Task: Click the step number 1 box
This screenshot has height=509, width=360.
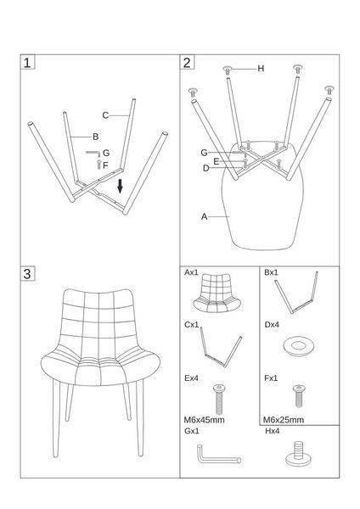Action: (x=27, y=62)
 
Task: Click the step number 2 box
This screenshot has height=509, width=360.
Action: (x=187, y=62)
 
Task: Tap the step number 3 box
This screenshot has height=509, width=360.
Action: (x=27, y=274)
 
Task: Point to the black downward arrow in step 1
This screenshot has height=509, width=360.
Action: (x=121, y=186)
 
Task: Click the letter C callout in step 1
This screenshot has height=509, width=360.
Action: (x=105, y=115)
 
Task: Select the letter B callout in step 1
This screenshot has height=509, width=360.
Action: (x=96, y=137)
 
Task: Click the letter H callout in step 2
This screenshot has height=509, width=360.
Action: (x=261, y=69)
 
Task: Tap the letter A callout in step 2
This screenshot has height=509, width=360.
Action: (x=204, y=216)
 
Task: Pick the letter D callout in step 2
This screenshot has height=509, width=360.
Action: (x=206, y=168)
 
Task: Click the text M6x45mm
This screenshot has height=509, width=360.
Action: (x=204, y=420)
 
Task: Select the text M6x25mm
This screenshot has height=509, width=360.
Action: (x=284, y=420)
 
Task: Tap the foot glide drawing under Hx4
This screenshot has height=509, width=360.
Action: (x=298, y=454)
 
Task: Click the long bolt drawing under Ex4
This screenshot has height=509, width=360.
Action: (x=219, y=400)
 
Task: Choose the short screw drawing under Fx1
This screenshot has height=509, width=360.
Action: (x=299, y=396)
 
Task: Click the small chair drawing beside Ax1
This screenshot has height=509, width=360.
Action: (x=217, y=294)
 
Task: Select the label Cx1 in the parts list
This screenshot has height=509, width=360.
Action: (x=191, y=325)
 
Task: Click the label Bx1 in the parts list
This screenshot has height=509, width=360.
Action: (x=271, y=272)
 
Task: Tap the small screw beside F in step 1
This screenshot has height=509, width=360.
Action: (x=99, y=165)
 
